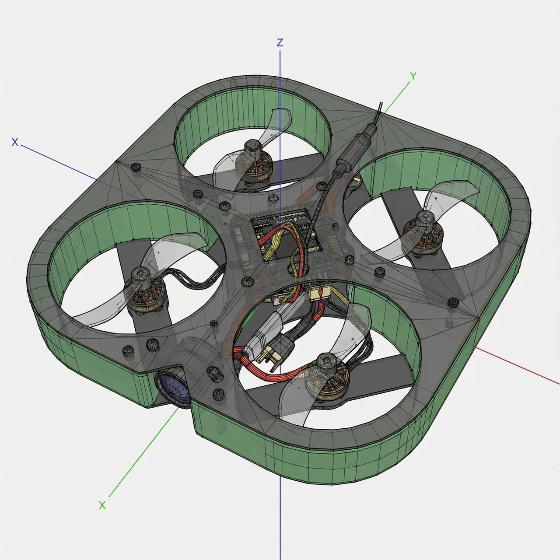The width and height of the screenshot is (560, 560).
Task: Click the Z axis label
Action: tap(280, 43)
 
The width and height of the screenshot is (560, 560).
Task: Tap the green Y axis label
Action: tap(413, 76)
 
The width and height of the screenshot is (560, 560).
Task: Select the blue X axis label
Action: tap(15, 142)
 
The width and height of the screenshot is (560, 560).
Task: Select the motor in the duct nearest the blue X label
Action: tap(145, 294)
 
